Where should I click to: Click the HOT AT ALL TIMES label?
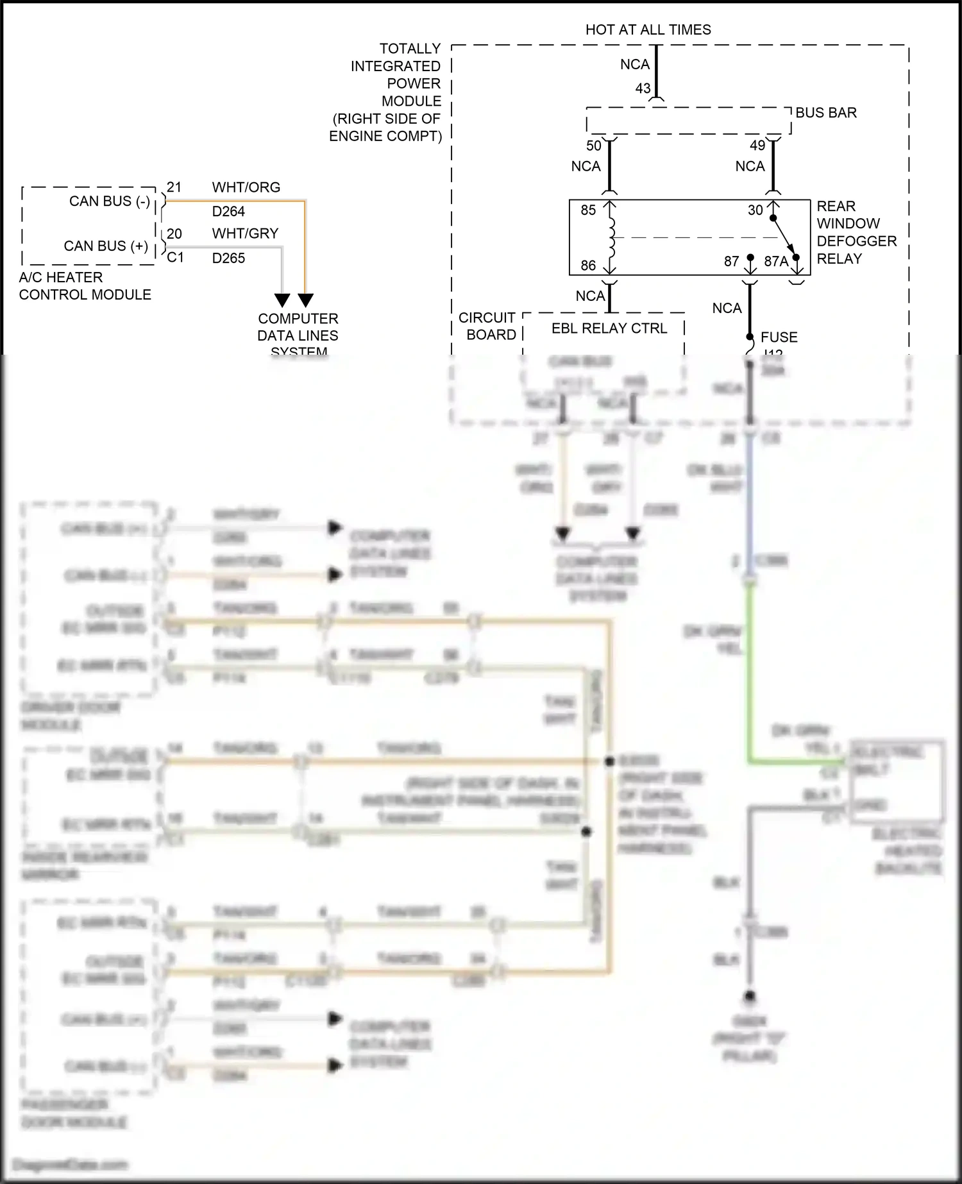pos(648,30)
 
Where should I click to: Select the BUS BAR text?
pos(826,113)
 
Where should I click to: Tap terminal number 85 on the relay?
pos(588,210)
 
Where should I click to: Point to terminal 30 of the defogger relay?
pos(755,210)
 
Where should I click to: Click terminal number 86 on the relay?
pos(588,266)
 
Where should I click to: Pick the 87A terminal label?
pos(776,262)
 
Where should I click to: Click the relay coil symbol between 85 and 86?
pos(611,237)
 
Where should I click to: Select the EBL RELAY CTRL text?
pos(609,328)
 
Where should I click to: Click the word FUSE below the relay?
pos(779,337)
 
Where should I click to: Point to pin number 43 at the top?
pos(643,89)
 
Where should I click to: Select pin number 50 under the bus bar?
pos(594,146)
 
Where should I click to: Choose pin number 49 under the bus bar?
pos(757,146)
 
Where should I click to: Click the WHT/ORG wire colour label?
pos(246,187)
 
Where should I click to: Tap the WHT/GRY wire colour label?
pos(245,233)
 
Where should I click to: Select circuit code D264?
pos(228,212)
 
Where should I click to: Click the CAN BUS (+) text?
pos(106,246)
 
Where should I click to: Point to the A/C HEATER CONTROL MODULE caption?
pos(85,286)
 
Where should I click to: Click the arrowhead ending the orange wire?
pos(306,300)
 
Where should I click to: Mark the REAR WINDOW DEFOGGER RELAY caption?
pos(856,232)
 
